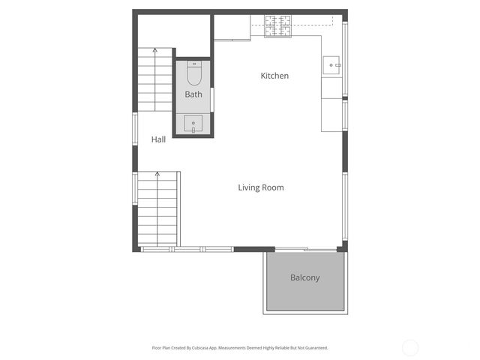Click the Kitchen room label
(274, 76)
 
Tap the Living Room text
(261, 187)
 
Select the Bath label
(193, 94)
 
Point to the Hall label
(158, 139)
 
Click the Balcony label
(304, 277)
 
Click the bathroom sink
(193, 123)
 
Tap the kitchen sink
(332, 65)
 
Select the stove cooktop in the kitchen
(277, 27)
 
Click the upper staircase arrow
(155, 51)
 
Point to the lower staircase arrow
(157, 175)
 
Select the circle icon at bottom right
(410, 347)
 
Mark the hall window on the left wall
(135, 129)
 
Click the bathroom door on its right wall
(213, 99)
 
